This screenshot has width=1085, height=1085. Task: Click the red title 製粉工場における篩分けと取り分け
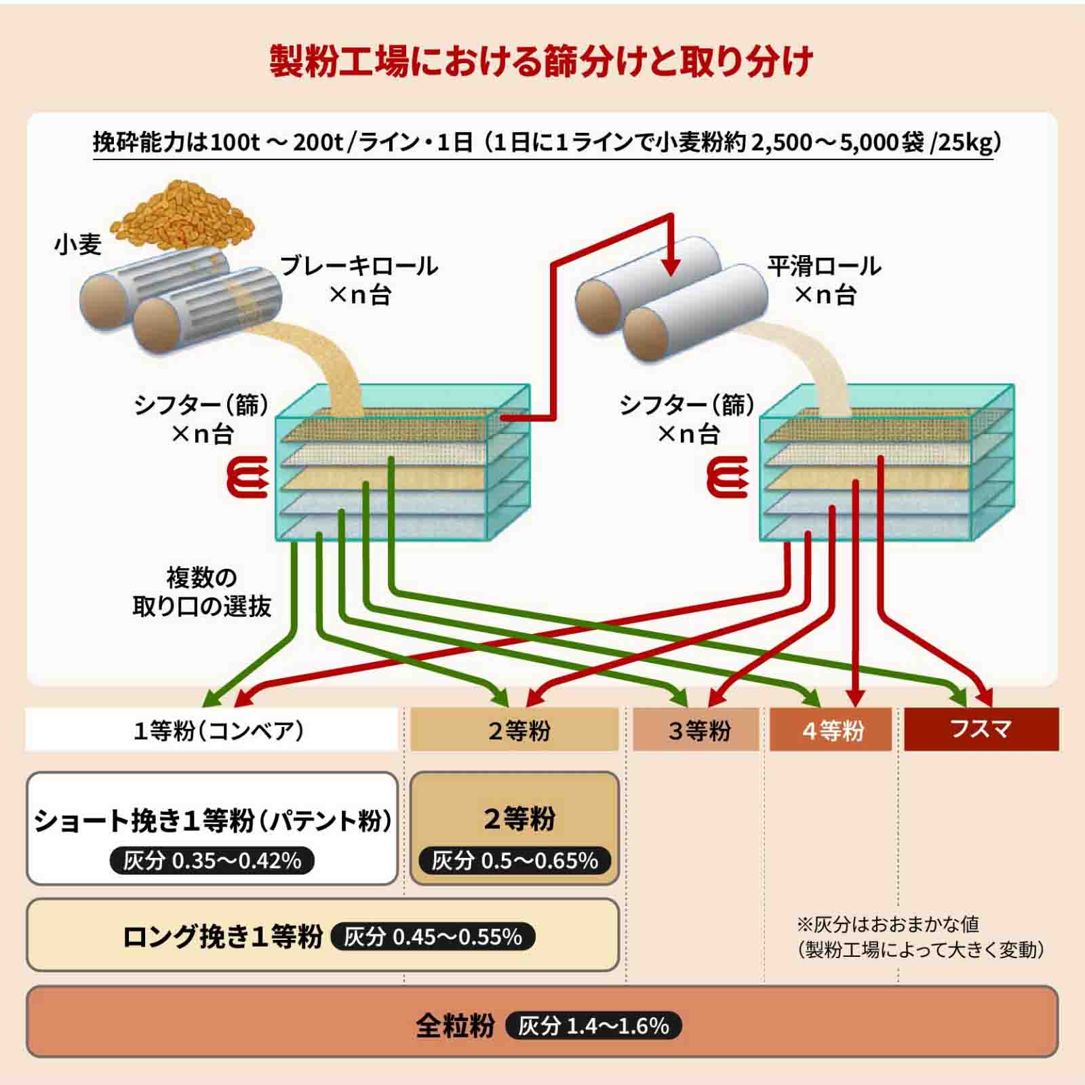tap(541, 62)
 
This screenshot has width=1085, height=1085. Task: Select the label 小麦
tap(78, 244)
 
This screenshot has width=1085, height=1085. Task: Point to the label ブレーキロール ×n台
tap(359, 279)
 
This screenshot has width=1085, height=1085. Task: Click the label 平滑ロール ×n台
tap(824, 279)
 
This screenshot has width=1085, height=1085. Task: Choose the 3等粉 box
tap(696, 730)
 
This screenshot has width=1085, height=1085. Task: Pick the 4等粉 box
tap(831, 730)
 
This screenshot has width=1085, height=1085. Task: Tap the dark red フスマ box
tap(981, 729)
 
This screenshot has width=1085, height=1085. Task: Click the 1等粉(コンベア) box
tap(212, 730)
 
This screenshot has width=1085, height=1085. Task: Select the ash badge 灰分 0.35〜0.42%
tap(212, 861)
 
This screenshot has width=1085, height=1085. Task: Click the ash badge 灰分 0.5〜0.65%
tap(515, 861)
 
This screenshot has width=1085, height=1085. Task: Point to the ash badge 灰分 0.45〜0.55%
tap(433, 937)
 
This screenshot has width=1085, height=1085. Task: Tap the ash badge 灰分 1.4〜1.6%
tap(593, 1026)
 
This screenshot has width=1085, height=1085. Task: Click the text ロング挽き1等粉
tap(222, 937)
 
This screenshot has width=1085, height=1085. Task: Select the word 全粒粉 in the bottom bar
tap(456, 1026)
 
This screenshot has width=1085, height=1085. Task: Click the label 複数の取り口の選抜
tap(201, 592)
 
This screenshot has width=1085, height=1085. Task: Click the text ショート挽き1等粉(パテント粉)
tap(213, 821)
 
